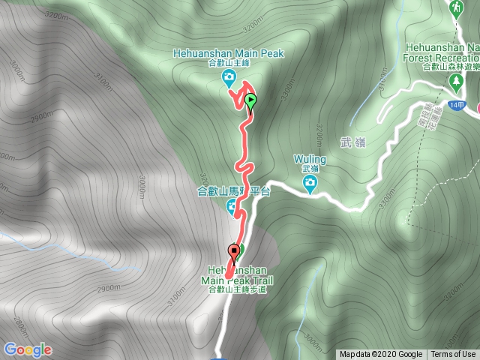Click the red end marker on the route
(x=234, y=251)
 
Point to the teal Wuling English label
(x=310, y=160)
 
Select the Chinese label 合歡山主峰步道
(x=236, y=290)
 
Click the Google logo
(x=28, y=349)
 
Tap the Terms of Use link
(x=453, y=354)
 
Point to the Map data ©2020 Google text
(x=380, y=354)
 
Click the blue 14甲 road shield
(x=459, y=104)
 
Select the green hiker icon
(x=455, y=7)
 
